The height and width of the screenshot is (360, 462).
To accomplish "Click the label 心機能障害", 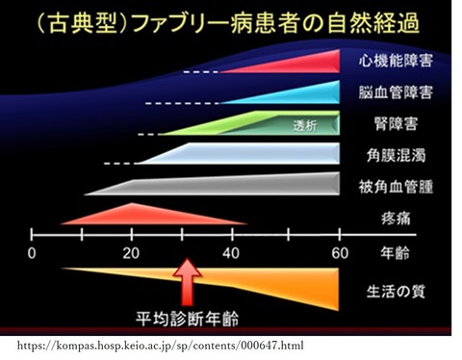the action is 396,61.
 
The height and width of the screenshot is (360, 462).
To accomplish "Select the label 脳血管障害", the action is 396,91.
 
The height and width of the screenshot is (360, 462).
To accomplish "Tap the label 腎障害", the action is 396,123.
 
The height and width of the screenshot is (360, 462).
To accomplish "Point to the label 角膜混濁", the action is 396,155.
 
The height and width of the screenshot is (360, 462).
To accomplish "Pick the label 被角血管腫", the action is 396,187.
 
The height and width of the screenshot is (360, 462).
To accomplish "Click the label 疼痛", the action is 396,219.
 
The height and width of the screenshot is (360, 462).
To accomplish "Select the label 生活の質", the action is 396,292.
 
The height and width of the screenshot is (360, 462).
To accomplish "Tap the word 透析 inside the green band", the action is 305,125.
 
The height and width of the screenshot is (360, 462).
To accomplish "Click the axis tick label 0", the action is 32,253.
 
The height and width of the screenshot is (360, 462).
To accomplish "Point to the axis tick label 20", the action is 131,253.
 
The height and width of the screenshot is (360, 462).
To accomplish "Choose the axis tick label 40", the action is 231,253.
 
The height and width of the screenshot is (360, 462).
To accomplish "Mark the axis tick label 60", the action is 340,253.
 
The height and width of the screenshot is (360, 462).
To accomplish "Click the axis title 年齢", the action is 395,253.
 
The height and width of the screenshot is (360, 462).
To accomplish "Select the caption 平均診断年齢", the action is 188,319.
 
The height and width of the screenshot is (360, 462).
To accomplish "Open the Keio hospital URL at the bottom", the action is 160,346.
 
